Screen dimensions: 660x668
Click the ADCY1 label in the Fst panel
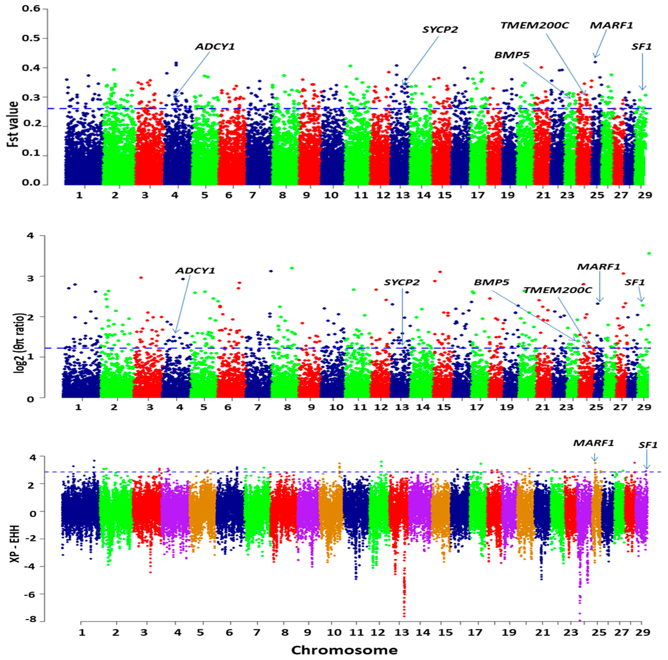(x=215, y=47)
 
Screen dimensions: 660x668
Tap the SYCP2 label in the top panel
(x=440, y=30)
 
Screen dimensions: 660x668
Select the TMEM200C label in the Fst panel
(x=534, y=25)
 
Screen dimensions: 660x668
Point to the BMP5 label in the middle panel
(x=491, y=282)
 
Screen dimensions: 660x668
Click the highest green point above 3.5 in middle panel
(x=649, y=253)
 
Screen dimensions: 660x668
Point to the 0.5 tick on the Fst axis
(x=31, y=38)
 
